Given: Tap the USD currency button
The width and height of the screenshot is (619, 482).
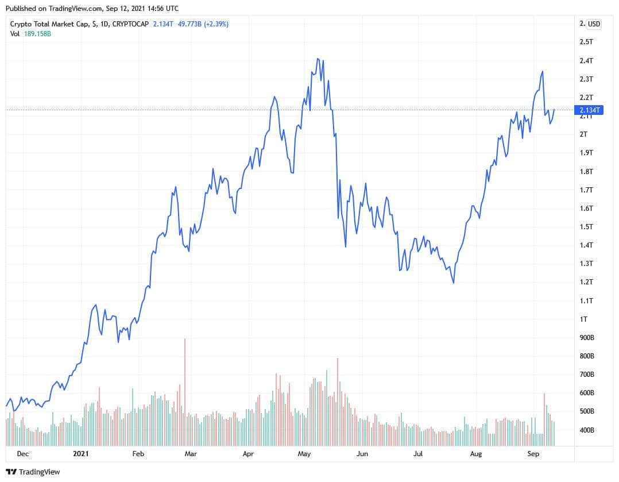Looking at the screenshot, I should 594,24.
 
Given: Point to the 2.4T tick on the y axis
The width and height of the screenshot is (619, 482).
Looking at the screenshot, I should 586,60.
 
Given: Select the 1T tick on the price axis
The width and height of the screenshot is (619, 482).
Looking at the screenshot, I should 583,319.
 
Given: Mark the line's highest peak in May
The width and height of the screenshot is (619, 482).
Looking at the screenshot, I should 318,59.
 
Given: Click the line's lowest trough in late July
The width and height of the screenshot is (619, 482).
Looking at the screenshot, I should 454,283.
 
